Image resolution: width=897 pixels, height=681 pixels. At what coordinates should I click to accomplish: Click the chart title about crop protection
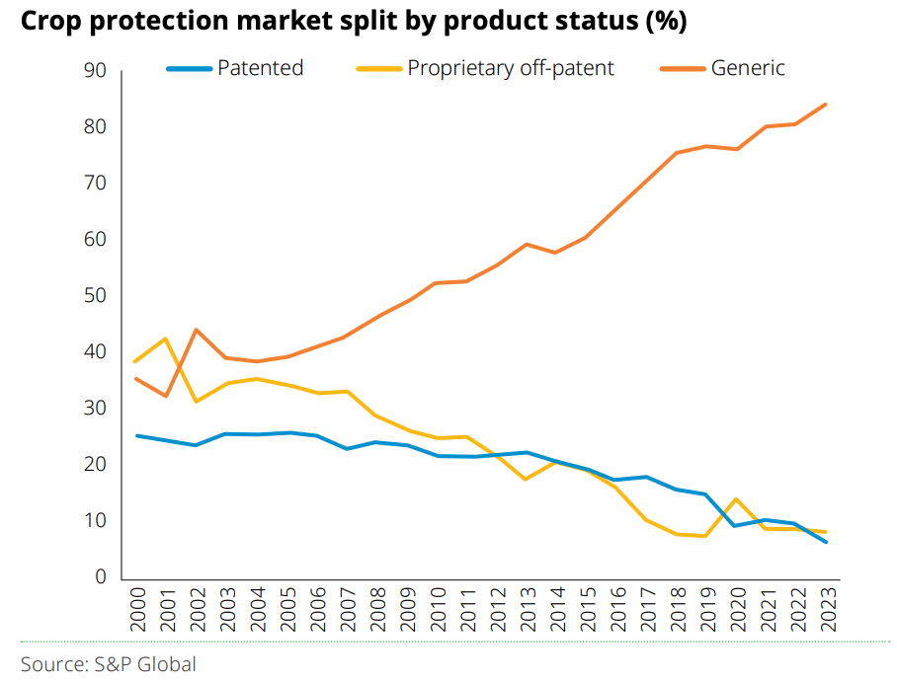pyautogui.click(x=354, y=22)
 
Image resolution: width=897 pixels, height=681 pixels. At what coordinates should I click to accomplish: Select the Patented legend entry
pyautogui.click(x=260, y=68)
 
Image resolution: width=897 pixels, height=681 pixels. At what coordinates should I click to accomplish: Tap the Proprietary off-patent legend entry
pyautogui.click(x=510, y=68)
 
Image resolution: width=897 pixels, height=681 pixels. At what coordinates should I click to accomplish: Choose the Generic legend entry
pyautogui.click(x=748, y=68)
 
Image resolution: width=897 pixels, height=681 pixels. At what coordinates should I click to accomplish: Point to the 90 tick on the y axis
pyautogui.click(x=96, y=71)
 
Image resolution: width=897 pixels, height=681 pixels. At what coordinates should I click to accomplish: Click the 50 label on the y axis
pyautogui.click(x=96, y=296)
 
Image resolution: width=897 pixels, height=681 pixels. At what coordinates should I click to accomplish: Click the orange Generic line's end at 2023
pyautogui.click(x=826, y=105)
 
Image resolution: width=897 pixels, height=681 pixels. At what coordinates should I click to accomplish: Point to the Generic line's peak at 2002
pyautogui.click(x=197, y=330)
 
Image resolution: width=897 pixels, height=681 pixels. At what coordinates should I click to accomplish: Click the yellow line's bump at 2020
pyautogui.click(x=736, y=499)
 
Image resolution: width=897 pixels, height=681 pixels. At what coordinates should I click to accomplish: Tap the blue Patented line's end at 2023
pyautogui.click(x=826, y=542)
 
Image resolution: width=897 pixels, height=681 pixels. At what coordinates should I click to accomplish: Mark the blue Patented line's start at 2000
pyautogui.click(x=137, y=435)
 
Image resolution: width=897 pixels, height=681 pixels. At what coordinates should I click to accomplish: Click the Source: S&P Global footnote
pyautogui.click(x=109, y=664)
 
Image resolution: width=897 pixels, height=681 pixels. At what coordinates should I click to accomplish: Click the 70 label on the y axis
pyautogui.click(x=96, y=184)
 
